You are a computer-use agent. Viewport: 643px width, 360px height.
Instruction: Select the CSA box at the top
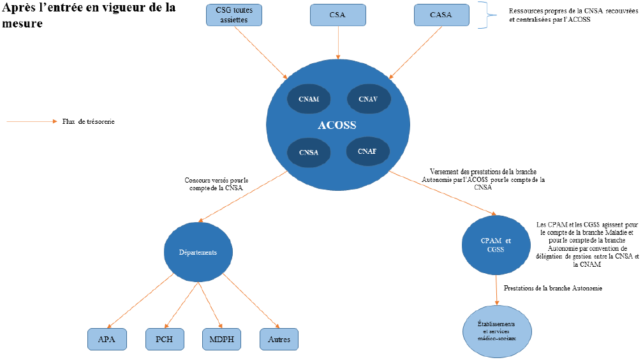click(337, 15)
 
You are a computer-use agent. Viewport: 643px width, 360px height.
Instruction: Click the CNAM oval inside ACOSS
click(308, 99)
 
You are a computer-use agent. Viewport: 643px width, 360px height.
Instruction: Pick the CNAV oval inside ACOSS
click(368, 99)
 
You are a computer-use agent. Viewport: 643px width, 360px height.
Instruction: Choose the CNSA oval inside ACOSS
click(308, 152)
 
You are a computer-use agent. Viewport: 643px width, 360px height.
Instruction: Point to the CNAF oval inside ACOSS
click(367, 151)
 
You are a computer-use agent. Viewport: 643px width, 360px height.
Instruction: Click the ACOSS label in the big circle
click(337, 125)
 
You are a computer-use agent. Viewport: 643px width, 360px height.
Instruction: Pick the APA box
click(107, 339)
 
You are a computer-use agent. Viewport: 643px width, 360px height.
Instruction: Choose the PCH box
click(165, 339)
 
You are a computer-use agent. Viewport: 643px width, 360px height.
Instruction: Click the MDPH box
click(222, 339)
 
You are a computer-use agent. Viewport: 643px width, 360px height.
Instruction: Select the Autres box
click(279, 339)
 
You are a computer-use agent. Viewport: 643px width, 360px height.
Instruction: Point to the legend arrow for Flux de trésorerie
click(32, 121)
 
